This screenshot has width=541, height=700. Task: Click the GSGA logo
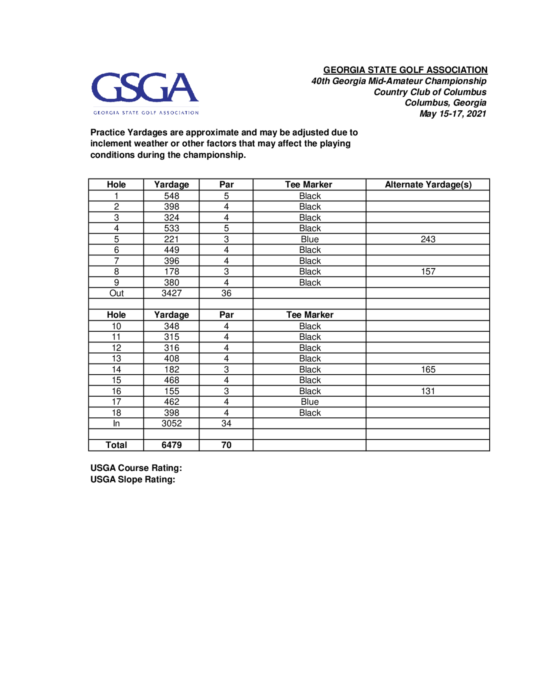[x=145, y=93]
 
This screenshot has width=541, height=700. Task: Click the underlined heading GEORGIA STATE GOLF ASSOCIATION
[x=405, y=70]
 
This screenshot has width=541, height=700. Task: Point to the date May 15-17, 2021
[x=453, y=114]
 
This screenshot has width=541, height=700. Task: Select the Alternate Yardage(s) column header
[x=428, y=185]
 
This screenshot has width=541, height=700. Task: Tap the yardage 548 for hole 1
[x=171, y=196]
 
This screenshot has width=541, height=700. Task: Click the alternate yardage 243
[x=428, y=239]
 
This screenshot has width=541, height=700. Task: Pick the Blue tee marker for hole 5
[x=310, y=239]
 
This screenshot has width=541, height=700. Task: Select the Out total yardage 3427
[x=171, y=293]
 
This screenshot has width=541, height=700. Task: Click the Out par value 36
[x=226, y=293]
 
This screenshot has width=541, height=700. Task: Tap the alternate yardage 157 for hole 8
[x=428, y=272]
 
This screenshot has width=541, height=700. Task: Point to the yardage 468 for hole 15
[x=171, y=380]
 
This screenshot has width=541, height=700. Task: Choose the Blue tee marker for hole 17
[x=310, y=402]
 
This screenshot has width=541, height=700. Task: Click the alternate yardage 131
[x=428, y=391]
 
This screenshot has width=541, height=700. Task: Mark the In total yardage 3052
[x=171, y=423]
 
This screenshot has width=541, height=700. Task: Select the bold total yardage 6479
[x=171, y=445]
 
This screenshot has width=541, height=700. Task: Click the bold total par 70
[x=226, y=445]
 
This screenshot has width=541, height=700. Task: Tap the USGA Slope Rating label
[x=133, y=480]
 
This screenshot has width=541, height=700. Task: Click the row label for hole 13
[x=116, y=358]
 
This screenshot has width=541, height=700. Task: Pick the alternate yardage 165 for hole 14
[x=428, y=369]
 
